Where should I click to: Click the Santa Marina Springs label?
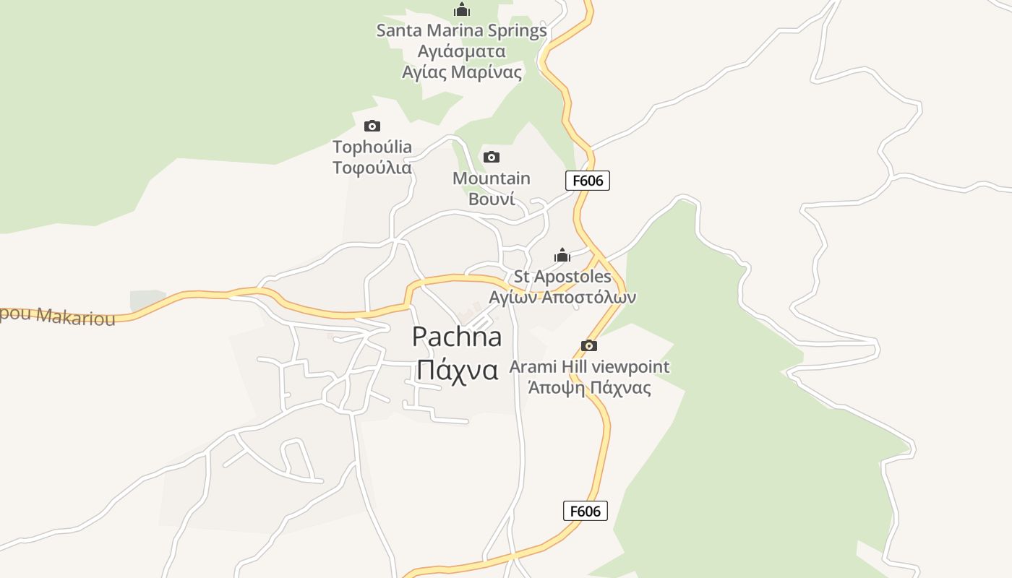coord(461,30)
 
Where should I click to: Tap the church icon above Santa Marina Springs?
coord(462,9)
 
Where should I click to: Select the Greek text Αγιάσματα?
coord(461,51)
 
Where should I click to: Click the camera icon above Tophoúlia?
coord(372,126)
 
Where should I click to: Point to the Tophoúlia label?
coord(372,147)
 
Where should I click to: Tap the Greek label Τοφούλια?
coord(372,168)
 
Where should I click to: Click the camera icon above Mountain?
coord(492,157)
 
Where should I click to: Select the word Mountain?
coord(492,178)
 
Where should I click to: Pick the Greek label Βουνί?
coord(492,199)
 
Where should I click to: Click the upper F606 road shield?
coord(588,181)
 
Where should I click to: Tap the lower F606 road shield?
coord(586,511)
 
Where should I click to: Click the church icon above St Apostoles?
coord(562,255)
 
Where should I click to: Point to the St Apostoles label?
coord(562,276)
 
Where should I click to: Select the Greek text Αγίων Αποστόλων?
coord(562,297)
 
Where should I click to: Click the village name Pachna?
coord(457,337)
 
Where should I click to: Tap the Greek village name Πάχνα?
coord(457,370)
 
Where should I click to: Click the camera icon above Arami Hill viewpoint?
coord(589,345)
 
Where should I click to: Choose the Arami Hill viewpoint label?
coord(589,366)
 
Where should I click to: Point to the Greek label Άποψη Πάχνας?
coord(589,387)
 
